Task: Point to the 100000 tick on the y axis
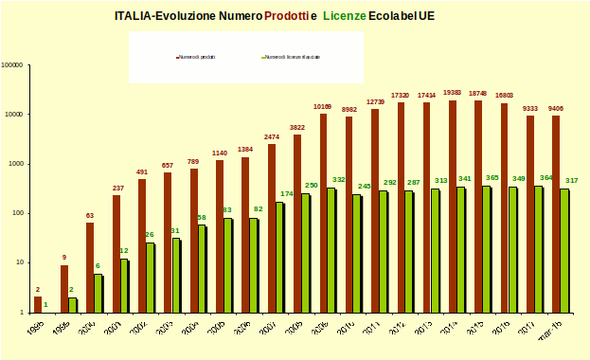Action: (13, 65)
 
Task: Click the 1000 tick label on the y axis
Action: (16, 164)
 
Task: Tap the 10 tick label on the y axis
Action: (20, 262)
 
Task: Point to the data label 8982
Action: (348, 110)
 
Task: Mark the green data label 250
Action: (312, 186)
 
